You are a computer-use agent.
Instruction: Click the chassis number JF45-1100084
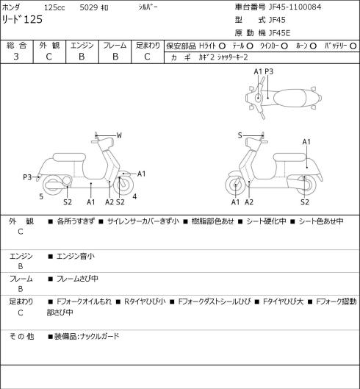295,7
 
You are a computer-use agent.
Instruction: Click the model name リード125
22,19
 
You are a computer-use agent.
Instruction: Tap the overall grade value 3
16,57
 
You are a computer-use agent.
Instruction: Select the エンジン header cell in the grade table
82,46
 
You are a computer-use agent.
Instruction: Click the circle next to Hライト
222,46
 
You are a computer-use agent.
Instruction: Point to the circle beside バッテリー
353,46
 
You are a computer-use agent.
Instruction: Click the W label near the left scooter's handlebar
119,135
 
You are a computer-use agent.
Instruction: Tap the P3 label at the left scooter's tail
27,177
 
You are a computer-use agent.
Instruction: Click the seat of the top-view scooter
289,98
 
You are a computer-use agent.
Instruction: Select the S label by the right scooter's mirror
240,135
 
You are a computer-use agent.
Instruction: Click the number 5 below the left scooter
41,196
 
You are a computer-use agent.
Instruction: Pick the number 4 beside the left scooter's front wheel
134,196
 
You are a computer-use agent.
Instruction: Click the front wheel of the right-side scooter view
235,185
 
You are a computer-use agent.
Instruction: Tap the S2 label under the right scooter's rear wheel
305,202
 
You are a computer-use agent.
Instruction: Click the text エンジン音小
76,257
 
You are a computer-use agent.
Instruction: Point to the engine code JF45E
279,33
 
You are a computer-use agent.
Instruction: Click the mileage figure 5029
89,7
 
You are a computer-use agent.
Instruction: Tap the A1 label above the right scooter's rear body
306,142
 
